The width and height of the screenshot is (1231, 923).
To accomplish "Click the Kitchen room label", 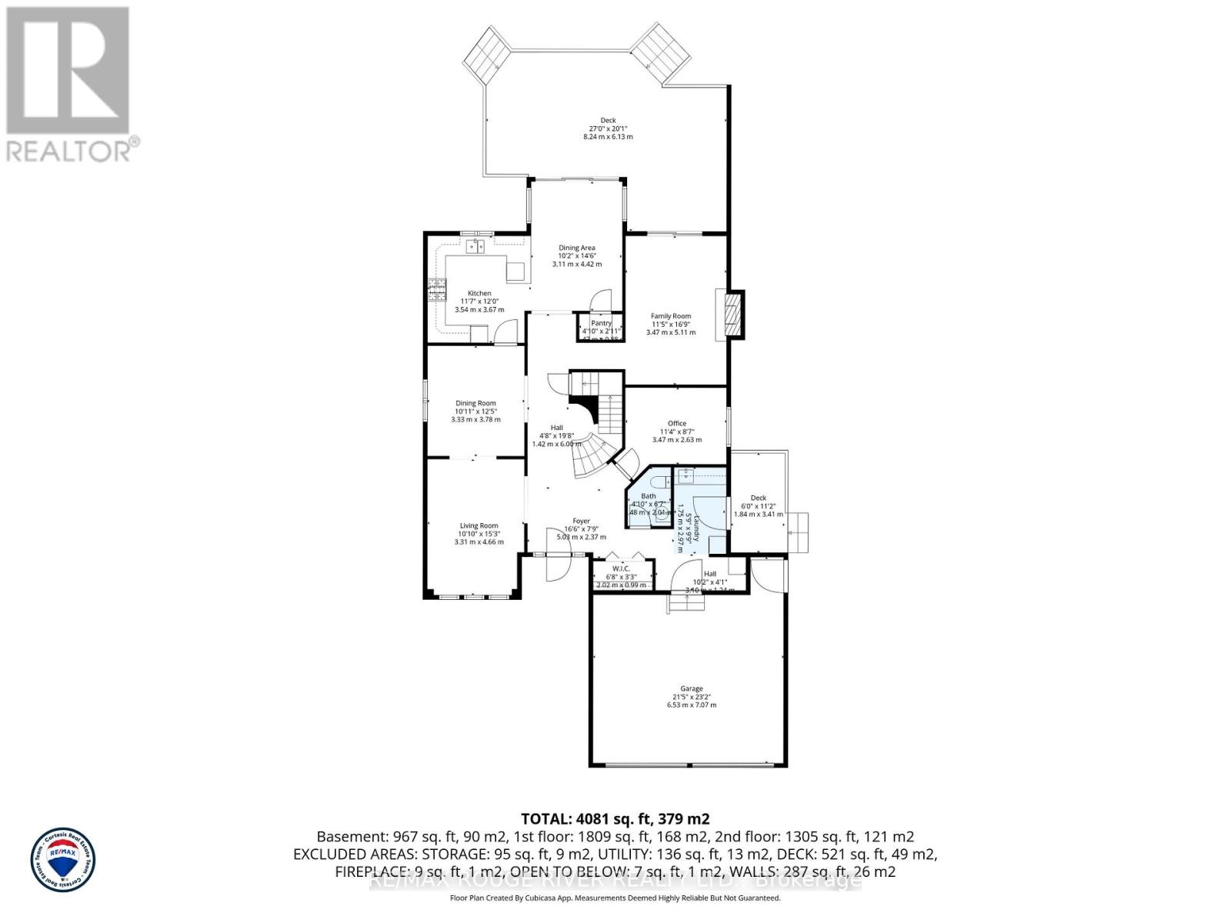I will point(479,293).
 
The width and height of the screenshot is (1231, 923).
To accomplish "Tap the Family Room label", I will point(671,316).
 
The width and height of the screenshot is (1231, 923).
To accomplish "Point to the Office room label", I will point(677,424).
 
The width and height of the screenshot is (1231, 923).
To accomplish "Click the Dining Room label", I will point(475,403).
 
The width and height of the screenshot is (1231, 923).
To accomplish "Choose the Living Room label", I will point(479,526).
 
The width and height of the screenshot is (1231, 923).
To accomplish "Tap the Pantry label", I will point(601,323).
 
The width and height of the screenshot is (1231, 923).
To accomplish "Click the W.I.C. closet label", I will point(622,568).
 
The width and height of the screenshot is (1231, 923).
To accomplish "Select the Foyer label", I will point(582,521).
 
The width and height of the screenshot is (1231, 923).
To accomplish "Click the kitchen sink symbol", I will point(475,246).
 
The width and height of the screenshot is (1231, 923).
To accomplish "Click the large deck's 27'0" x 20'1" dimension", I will point(608,129).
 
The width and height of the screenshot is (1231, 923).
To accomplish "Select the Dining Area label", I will point(577,248).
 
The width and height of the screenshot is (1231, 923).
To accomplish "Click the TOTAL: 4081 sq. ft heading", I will point(615,818).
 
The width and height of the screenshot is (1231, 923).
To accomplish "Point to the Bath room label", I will point(649,496).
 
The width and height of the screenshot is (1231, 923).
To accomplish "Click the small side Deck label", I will point(759,498).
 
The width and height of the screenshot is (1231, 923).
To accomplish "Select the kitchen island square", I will point(515,271).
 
